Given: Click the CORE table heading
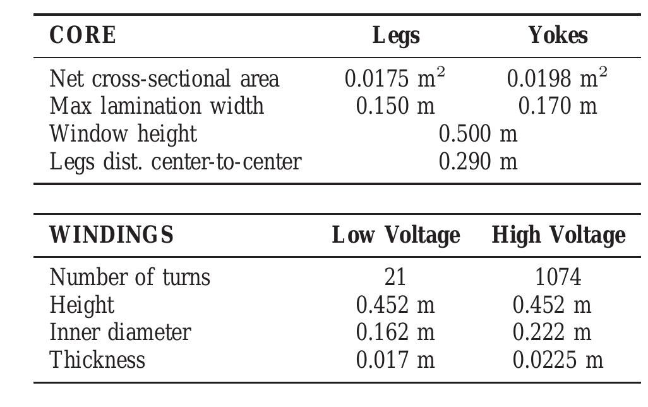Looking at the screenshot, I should pos(83,35).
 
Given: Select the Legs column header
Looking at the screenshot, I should pos(396,35).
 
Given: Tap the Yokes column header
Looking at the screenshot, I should pos(558,35).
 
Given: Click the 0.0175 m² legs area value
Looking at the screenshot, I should pos(395,78).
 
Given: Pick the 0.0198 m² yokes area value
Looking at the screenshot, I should pos(557,78).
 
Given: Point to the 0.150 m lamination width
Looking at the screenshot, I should pos(395,106).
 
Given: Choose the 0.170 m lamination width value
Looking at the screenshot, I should pos(557,106).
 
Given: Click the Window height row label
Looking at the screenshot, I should pos(123,133).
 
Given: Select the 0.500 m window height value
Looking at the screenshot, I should pos(477,133).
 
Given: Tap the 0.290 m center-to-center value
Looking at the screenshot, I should pos(477,161).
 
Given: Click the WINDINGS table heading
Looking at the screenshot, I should pos(111,235).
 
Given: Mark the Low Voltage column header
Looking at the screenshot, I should pos(396,235).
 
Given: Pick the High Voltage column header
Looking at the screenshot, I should pos(558,235).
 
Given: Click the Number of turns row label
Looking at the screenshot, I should pos(130,277).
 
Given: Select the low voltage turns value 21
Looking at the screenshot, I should pos(395,277).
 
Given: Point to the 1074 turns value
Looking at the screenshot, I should pos(558,277).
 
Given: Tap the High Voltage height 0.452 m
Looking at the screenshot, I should pos(552,305).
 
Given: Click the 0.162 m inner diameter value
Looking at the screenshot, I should pos(395,332).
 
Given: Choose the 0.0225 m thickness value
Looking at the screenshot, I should pos(558,360).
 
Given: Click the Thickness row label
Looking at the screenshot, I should pos(97,360).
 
